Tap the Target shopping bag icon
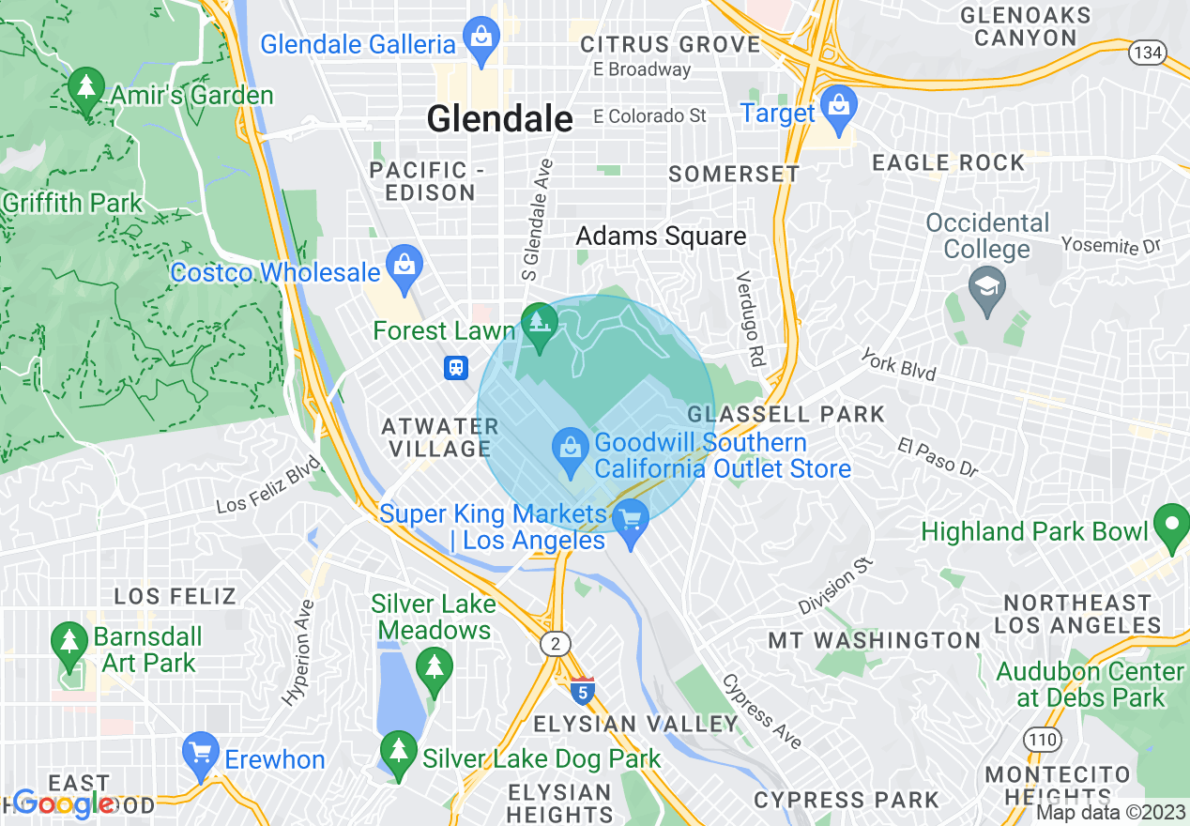(x=836, y=110)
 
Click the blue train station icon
(x=456, y=367)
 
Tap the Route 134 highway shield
(x=1147, y=53)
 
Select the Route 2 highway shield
(x=556, y=643)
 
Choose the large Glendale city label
(x=499, y=119)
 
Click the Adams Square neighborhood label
(x=661, y=237)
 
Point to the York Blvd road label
(x=899, y=366)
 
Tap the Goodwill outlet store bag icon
(x=570, y=451)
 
